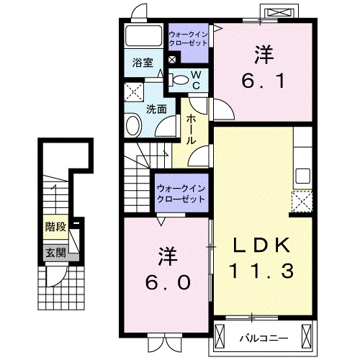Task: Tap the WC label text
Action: point(194,79)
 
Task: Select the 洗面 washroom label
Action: point(157,109)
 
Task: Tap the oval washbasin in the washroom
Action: point(133,126)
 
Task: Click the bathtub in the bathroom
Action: point(143,37)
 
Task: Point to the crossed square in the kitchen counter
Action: point(302,202)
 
